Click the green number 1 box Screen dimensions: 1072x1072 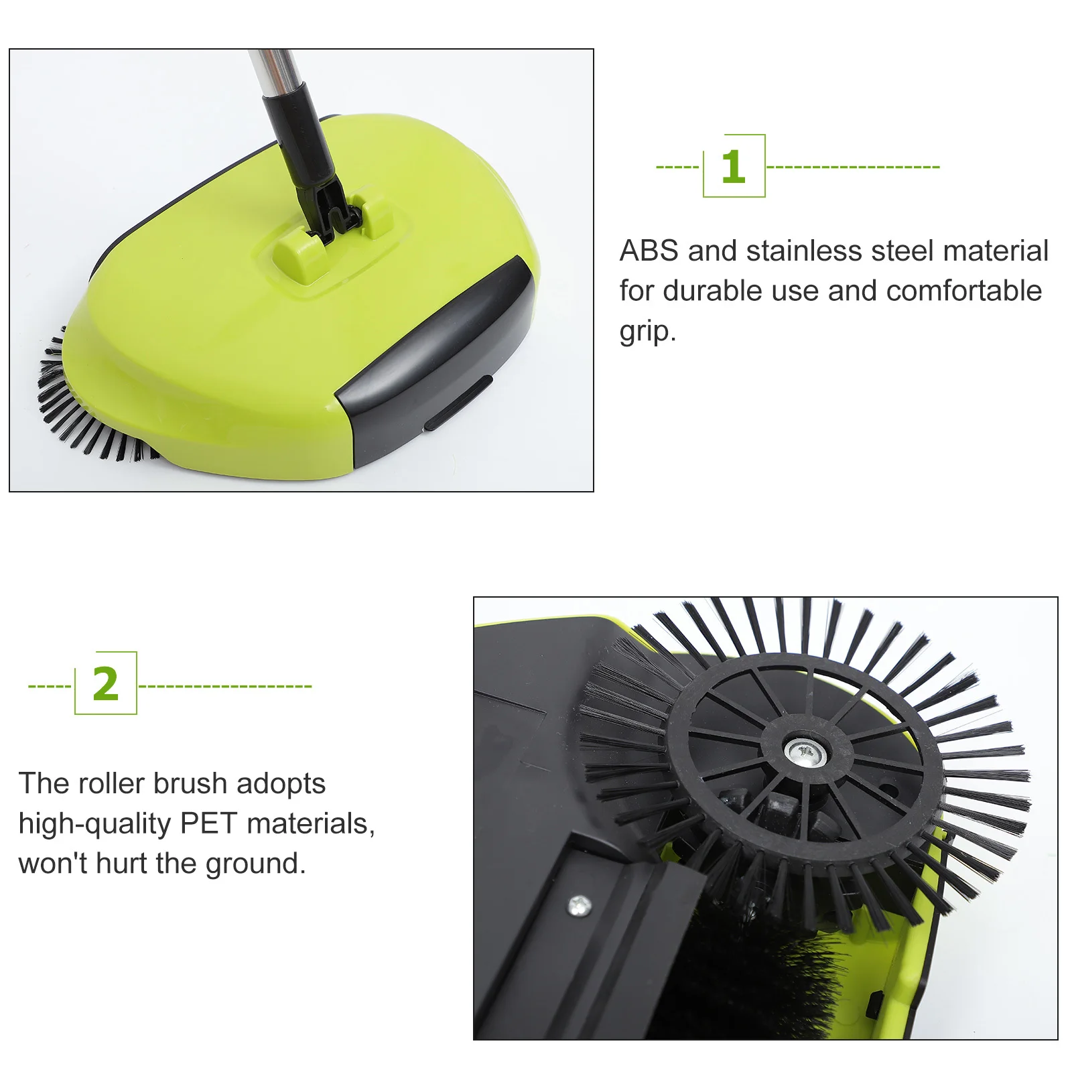point(734,166)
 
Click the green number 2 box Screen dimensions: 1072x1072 point(106,683)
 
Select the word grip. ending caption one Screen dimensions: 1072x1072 point(647,332)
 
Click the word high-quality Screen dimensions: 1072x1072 point(94,824)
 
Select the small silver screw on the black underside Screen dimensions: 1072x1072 point(579,906)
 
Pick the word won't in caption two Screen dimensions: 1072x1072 point(53,864)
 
